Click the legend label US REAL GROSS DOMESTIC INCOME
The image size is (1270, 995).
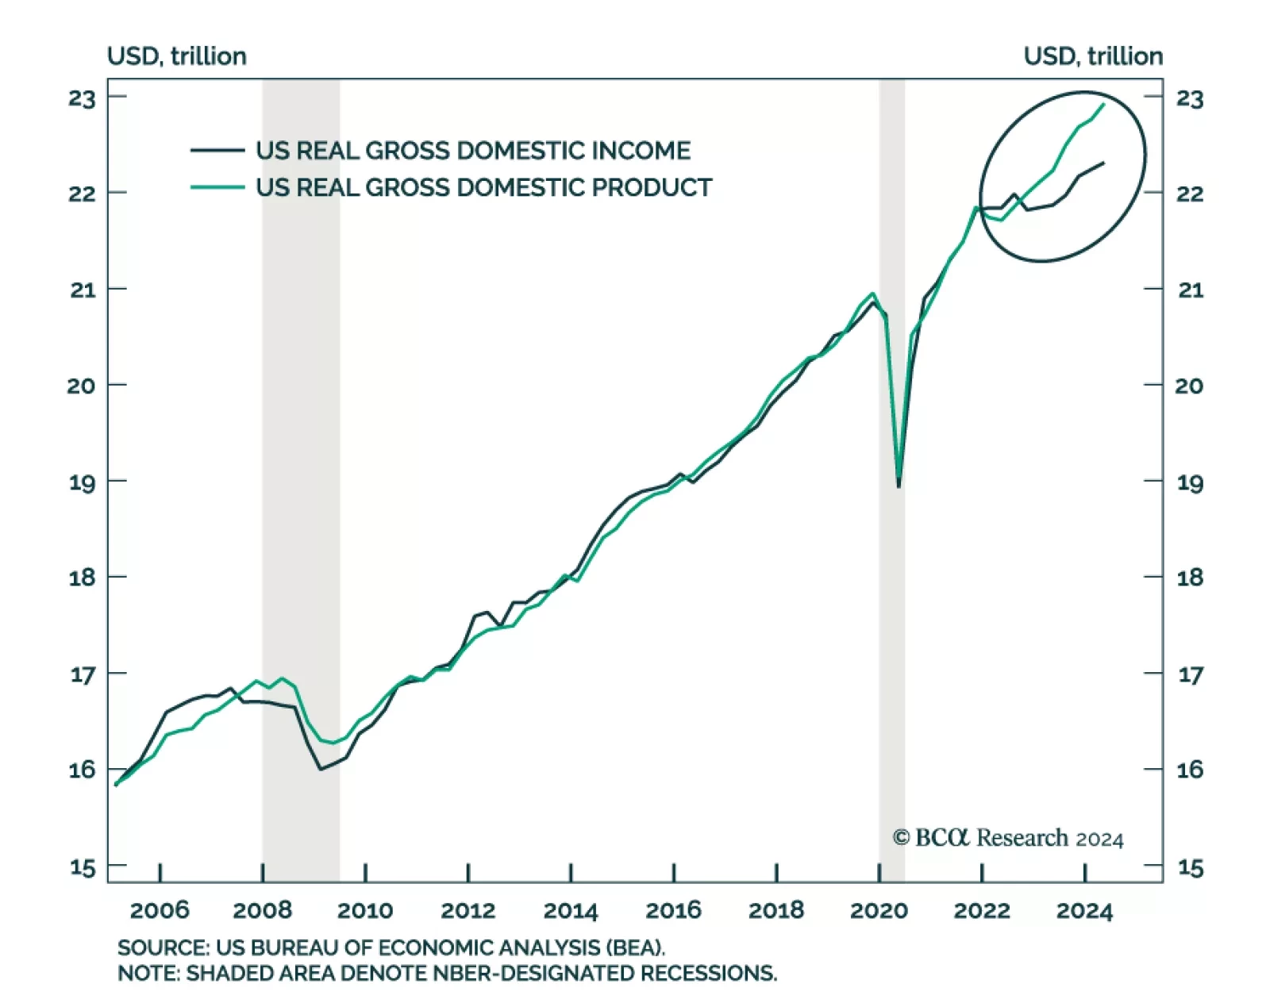click(473, 151)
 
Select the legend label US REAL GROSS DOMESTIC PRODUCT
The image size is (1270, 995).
click(483, 187)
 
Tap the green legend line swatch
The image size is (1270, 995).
click(217, 187)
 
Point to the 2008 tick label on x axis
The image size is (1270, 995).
click(262, 910)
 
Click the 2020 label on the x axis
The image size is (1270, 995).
click(879, 910)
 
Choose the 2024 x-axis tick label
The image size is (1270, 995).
click(1084, 910)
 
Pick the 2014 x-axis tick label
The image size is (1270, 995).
click(571, 910)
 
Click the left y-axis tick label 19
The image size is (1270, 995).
click(82, 482)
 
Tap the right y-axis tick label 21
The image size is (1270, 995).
click(1190, 290)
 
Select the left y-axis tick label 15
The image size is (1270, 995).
click(82, 867)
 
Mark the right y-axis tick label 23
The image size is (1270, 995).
click(1190, 99)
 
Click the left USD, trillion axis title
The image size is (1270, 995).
click(177, 56)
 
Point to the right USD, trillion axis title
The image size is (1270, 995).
click(1093, 56)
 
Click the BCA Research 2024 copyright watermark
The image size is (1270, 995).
click(1008, 838)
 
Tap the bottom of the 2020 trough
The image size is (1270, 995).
click(899, 486)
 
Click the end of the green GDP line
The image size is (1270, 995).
click(1104, 105)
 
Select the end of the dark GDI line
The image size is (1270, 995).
click(1104, 163)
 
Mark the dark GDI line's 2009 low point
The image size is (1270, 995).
click(321, 769)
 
